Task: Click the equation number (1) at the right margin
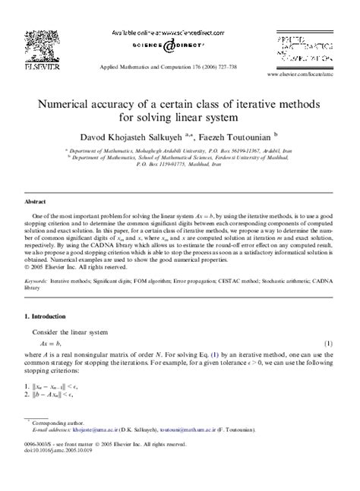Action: pyautogui.click(x=330, y=344)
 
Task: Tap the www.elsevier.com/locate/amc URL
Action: pyautogui.click(x=301, y=77)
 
